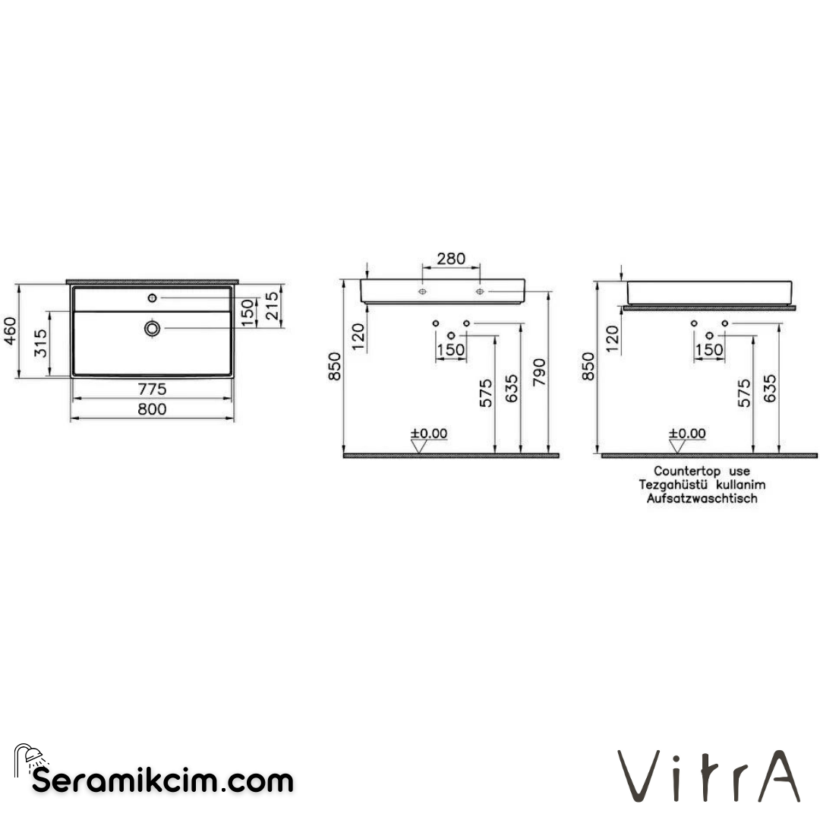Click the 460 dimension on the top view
(x=9, y=331)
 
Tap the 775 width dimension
(x=152, y=389)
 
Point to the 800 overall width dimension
(x=152, y=409)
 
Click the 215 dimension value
(x=273, y=307)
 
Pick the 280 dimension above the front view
(x=450, y=259)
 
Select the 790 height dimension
(x=538, y=374)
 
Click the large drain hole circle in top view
(x=153, y=328)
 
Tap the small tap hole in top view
(x=153, y=298)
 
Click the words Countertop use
(x=702, y=471)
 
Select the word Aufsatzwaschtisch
(x=702, y=499)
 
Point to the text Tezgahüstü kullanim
(x=702, y=485)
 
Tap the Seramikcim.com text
(x=162, y=781)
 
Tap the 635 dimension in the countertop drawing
(x=769, y=392)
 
